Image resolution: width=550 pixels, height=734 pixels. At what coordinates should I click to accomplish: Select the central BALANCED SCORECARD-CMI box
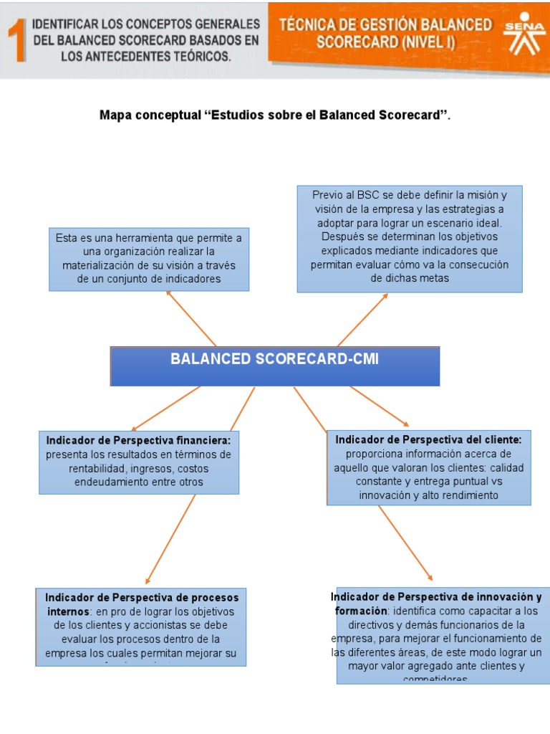tap(274, 366)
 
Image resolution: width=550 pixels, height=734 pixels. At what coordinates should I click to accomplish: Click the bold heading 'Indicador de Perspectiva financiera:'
tap(138, 439)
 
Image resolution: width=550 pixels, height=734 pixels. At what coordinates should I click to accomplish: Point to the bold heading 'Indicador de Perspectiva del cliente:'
tap(428, 439)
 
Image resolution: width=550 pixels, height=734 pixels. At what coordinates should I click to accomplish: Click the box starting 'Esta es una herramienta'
tap(149, 259)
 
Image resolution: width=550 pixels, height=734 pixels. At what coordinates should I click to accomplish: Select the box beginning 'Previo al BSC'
tap(410, 238)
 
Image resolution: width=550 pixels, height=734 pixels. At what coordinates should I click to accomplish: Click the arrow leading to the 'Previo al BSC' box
tap(362, 320)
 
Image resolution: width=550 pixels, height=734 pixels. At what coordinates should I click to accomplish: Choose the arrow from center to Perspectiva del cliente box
tap(380, 406)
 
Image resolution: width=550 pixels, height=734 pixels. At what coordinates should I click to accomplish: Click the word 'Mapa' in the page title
tap(116, 115)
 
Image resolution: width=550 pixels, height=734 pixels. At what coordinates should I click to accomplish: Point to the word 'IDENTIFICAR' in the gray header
tap(69, 24)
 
